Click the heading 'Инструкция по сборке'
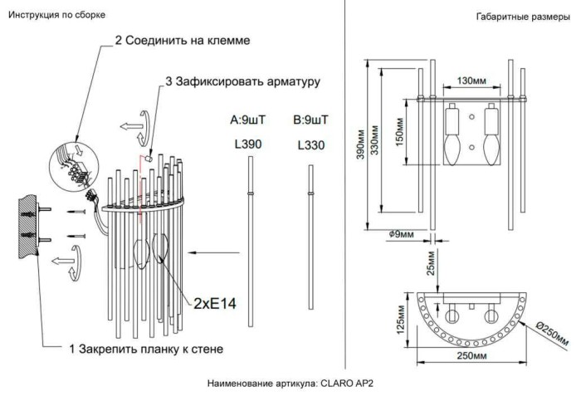click(56, 17)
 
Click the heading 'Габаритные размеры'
click(522, 17)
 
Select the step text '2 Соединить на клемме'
click(181, 40)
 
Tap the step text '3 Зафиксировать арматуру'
click(242, 82)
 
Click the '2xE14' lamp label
click(215, 303)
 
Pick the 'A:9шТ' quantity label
click(249, 120)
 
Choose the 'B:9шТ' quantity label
click(310, 120)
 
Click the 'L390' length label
click(249, 144)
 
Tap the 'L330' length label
click(310, 145)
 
